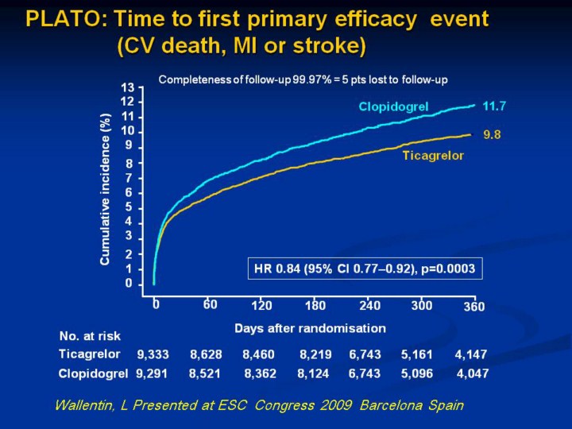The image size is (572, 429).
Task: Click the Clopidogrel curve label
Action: [x=393, y=106]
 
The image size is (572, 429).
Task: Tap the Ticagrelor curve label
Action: [x=433, y=155]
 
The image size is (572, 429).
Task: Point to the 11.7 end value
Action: [x=497, y=105]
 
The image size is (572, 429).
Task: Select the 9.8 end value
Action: [x=493, y=135]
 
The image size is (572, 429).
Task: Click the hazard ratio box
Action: [x=364, y=269]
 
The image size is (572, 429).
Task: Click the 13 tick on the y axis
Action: [x=127, y=87]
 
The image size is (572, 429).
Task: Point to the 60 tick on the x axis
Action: [x=210, y=304]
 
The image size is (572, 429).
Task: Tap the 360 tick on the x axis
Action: [x=474, y=306]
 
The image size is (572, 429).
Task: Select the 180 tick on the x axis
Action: [x=315, y=305]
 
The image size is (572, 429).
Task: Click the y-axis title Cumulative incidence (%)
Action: [x=105, y=189]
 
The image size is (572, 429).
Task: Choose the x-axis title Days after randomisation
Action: [x=310, y=327]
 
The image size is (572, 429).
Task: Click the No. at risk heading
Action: [x=90, y=336]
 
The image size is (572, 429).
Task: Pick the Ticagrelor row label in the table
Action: [x=90, y=354]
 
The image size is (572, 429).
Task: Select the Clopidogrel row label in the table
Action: [x=93, y=373]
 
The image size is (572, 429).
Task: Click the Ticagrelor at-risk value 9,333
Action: [x=153, y=354]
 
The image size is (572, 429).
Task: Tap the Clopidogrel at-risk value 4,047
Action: [x=473, y=373]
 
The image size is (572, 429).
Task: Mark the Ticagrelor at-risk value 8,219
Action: [x=315, y=354]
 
